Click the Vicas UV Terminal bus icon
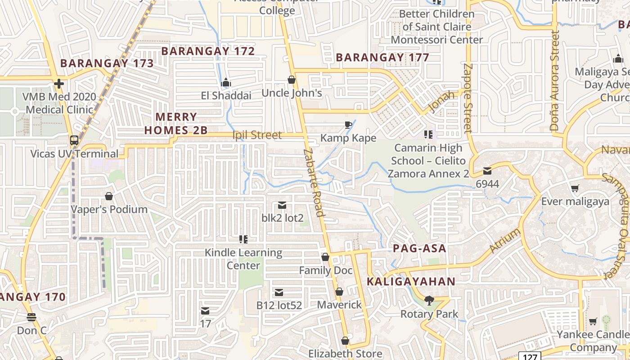pos(74,140)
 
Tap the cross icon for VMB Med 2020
pos(58,83)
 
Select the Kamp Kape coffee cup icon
pos(348,125)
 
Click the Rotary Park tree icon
pos(429,300)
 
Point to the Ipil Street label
pos(257,135)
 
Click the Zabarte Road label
pos(314,183)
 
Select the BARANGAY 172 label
pos(208,51)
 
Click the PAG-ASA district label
pos(419,248)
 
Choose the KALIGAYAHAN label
pos(411,282)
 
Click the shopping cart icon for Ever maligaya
pos(575,188)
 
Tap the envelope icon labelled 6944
pos(487,171)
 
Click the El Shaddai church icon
pos(226,82)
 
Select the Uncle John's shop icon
pos(292,80)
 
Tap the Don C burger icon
pos(31,317)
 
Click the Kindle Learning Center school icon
pos(243,239)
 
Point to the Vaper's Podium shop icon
pos(108,196)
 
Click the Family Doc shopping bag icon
pos(325,257)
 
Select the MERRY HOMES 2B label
pos(176,124)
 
